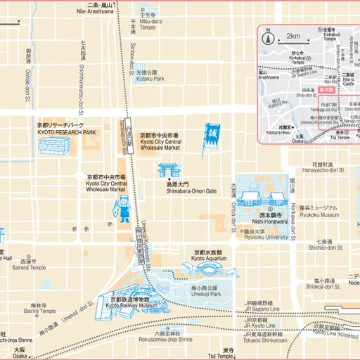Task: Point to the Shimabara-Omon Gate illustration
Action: pos(169,171)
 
